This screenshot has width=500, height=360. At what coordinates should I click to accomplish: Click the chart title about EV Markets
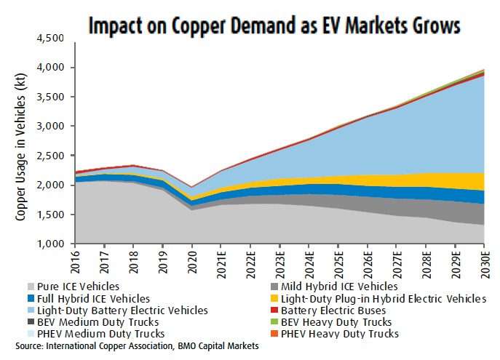click(274, 25)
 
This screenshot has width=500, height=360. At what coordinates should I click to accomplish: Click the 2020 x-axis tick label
click(192, 261)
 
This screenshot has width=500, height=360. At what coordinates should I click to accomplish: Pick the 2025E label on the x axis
click(338, 264)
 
